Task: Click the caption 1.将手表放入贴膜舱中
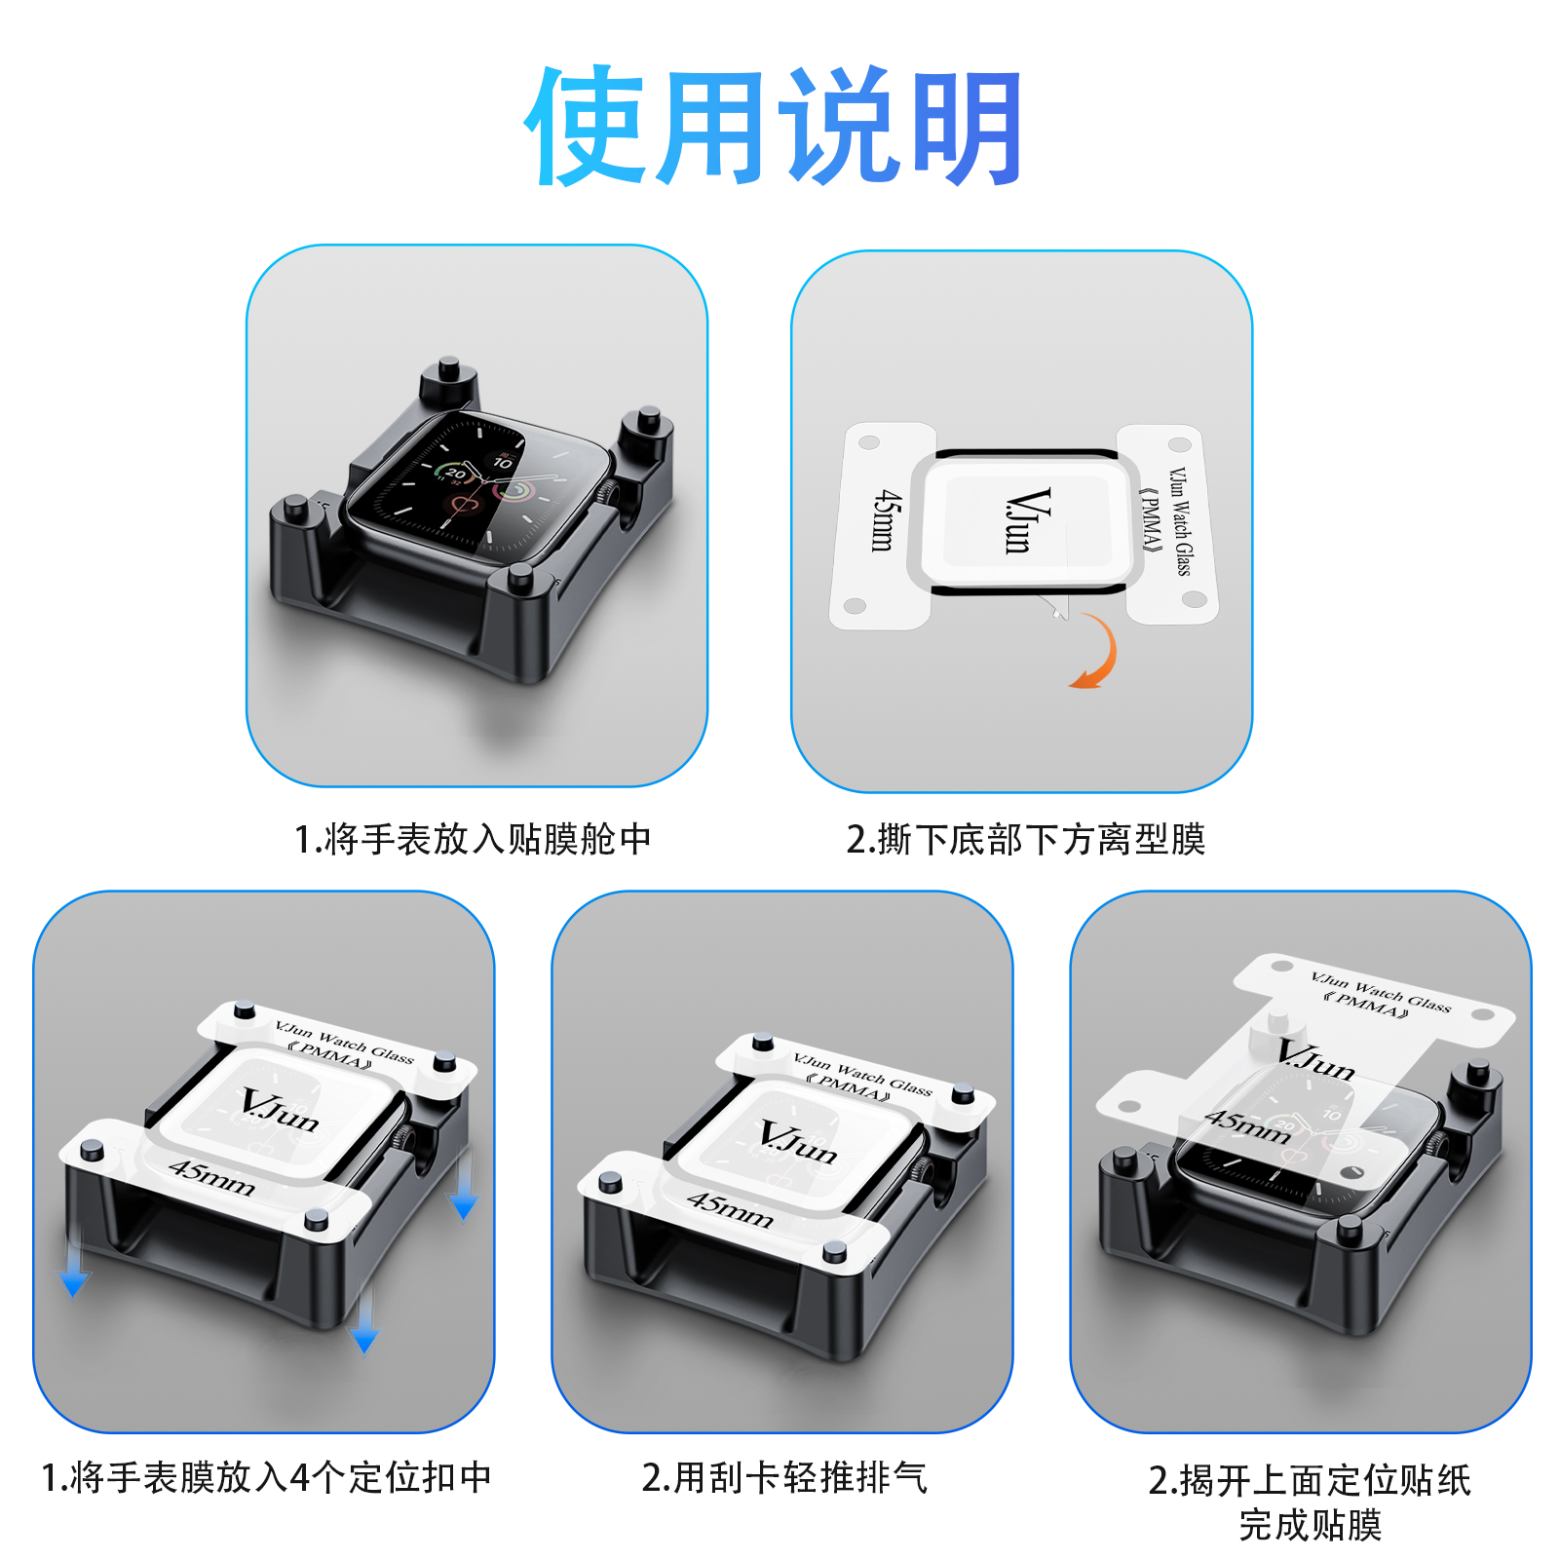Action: pos(473,839)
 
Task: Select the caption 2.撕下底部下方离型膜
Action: pos(1026,839)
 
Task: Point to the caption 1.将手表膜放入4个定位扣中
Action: pos(266,1477)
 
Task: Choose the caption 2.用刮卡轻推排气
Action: pos(784,1477)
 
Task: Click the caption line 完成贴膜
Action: pos(1311,1525)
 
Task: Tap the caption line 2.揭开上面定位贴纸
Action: pos(1310,1480)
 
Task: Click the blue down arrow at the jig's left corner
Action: pos(74,1261)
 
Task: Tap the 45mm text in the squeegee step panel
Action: pos(731,1209)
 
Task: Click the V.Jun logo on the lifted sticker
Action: pos(1316,1060)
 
